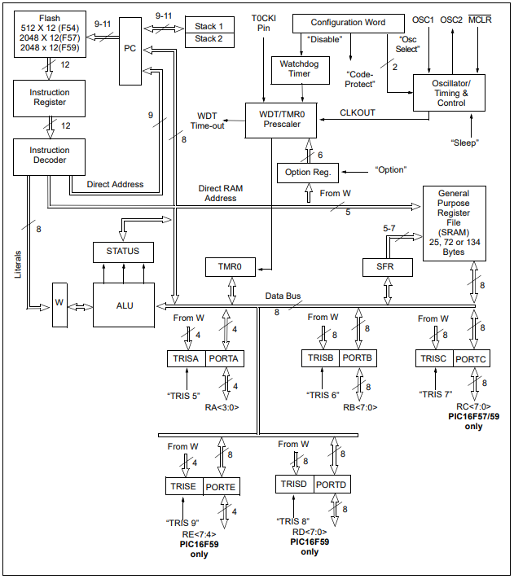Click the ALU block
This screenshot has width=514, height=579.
123,305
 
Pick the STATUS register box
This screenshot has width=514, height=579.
123,251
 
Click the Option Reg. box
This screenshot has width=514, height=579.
307,172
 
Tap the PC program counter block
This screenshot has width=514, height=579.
130,49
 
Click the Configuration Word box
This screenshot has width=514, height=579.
348,23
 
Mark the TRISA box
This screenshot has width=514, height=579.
184,357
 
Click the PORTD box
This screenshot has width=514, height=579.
330,484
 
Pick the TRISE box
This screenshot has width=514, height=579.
183,486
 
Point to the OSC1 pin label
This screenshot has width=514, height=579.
424,19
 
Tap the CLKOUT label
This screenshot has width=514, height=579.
358,112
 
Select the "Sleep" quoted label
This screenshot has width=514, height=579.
465,143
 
